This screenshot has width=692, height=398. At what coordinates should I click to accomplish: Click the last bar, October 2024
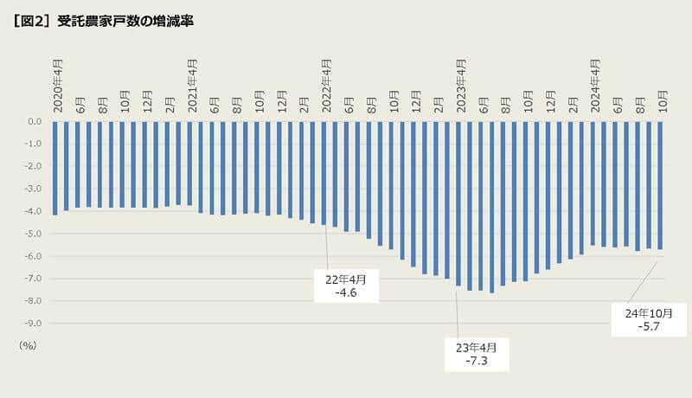pyautogui.click(x=661, y=185)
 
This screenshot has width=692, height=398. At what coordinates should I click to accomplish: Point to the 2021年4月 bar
pyautogui.click(x=189, y=164)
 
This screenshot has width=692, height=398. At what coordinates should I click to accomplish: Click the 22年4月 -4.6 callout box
pyautogui.click(x=346, y=286)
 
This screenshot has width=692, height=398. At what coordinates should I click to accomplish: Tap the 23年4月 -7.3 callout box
pyautogui.click(x=477, y=354)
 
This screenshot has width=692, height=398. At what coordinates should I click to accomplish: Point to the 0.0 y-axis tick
pyautogui.click(x=35, y=122)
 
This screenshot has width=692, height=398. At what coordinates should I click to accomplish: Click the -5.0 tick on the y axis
pyautogui.click(x=34, y=234)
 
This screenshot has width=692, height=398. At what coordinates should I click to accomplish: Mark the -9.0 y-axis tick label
pyautogui.click(x=34, y=324)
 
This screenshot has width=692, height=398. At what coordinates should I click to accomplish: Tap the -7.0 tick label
pyautogui.click(x=34, y=279)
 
